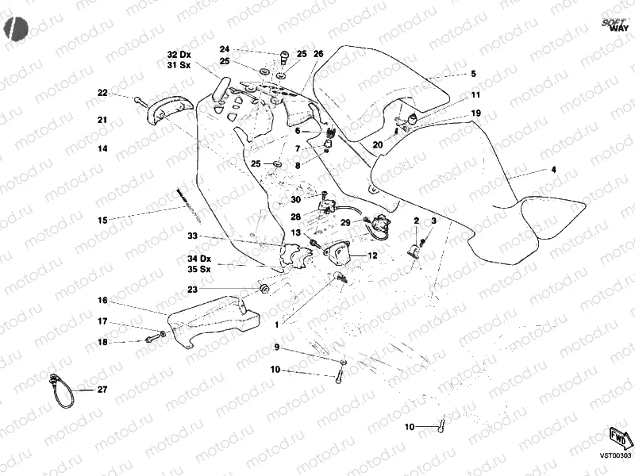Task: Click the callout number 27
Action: [102, 390]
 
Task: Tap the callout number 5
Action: [473, 74]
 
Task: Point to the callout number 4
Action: [553, 170]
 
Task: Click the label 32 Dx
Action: [179, 54]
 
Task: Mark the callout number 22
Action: [102, 93]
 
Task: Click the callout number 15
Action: [102, 219]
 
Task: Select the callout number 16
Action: [102, 301]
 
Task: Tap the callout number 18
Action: [102, 342]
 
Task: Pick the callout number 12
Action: [372, 255]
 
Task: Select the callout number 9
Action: [277, 347]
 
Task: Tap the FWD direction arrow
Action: [619, 437]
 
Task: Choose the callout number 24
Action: [225, 48]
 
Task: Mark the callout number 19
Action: [475, 113]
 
